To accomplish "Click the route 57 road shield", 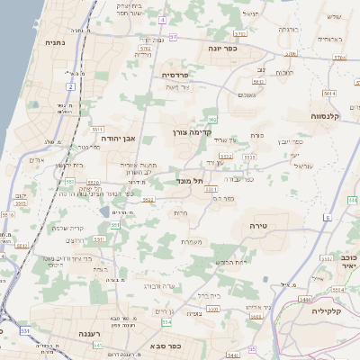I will click(174, 36).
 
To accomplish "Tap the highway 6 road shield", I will click(328, 218).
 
